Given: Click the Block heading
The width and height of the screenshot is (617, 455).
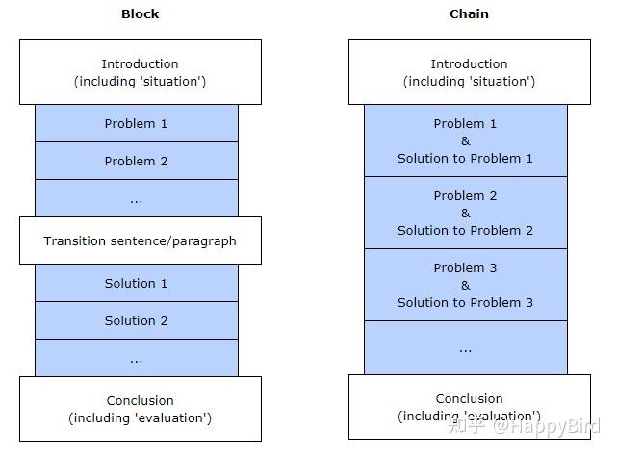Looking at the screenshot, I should pyautogui.click(x=140, y=13).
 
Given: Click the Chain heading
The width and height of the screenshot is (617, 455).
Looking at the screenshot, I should pyautogui.click(x=469, y=13).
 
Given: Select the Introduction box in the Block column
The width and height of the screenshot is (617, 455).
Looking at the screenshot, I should pyautogui.click(x=140, y=72).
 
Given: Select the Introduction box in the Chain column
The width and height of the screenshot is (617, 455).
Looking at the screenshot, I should pyautogui.click(x=469, y=72).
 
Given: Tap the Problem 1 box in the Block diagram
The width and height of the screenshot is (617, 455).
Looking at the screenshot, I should pyautogui.click(x=136, y=123).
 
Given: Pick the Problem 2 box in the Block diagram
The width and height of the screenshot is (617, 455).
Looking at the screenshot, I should pyautogui.click(x=136, y=161).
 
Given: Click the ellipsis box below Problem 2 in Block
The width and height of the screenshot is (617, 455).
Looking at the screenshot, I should pyautogui.click(x=136, y=198).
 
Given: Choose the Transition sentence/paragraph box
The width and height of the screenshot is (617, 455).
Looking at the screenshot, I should pyautogui.click(x=140, y=240).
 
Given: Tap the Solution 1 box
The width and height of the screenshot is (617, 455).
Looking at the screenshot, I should pyautogui.click(x=136, y=283).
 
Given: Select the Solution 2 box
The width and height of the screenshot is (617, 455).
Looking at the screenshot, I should pyautogui.click(x=136, y=320).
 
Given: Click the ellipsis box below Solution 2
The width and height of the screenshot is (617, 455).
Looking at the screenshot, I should pyautogui.click(x=136, y=358).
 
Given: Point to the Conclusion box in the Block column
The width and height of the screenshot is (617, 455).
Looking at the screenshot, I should pyautogui.click(x=140, y=409).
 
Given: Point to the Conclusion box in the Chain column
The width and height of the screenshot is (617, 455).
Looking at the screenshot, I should pyautogui.click(x=469, y=407).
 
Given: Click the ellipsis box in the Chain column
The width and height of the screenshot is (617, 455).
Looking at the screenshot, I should pyautogui.click(x=465, y=347).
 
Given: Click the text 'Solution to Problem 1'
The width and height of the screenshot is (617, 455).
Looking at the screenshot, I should pyautogui.click(x=465, y=158).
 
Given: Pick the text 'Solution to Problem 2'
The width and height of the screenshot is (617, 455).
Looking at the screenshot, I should pyautogui.click(x=465, y=230).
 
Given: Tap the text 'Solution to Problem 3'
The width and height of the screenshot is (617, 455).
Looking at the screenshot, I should pyautogui.click(x=465, y=302).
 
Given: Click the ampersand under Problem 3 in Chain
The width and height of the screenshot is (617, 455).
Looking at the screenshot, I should pyautogui.click(x=465, y=285).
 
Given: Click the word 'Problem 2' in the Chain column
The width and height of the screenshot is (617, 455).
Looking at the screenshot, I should pyautogui.click(x=465, y=195).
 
